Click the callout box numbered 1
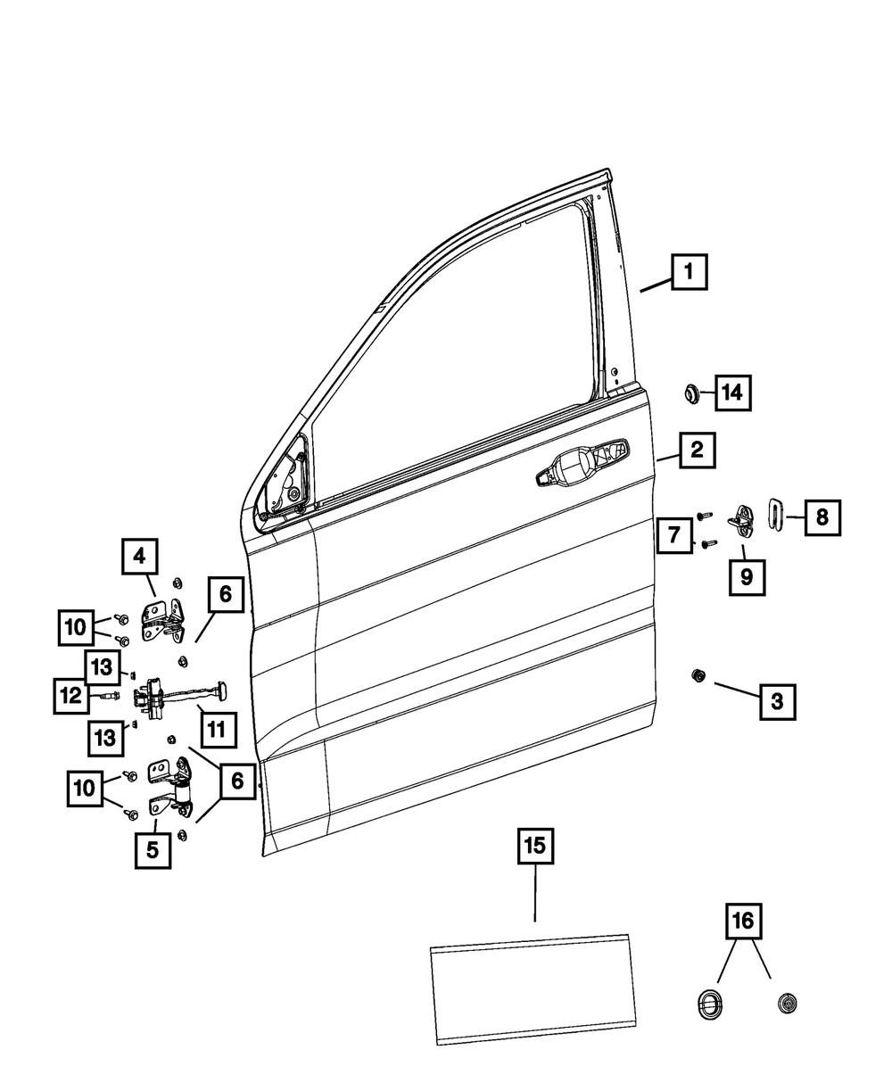tap(690, 271)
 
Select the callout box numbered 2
tap(697, 451)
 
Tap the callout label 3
tap(777, 702)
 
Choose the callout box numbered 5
tap(153, 850)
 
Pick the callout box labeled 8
tap(822, 516)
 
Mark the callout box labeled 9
tap(746, 576)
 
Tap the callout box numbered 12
tap(70, 695)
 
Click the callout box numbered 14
tap(731, 393)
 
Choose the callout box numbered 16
tap(744, 921)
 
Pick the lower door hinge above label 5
tap(173, 788)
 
